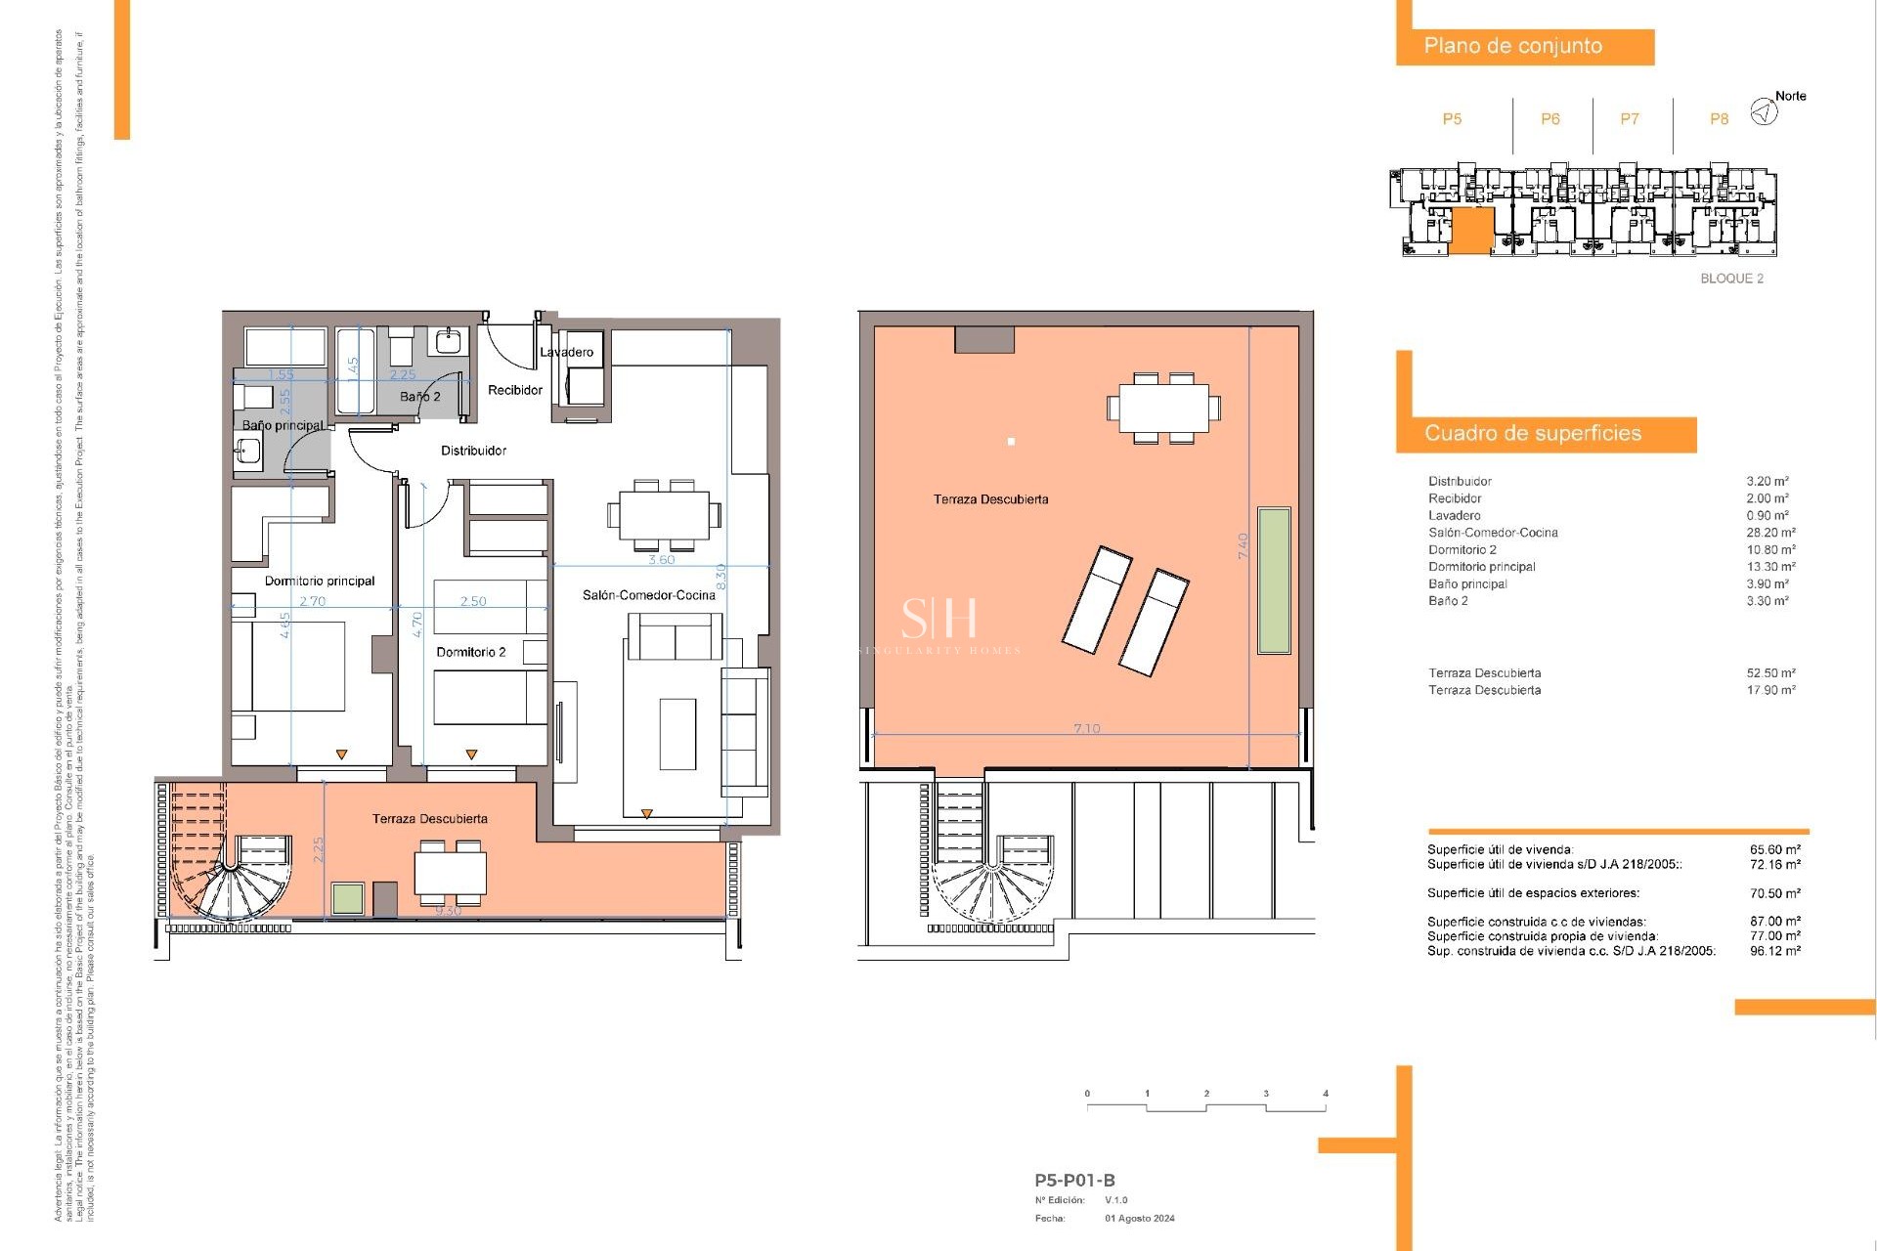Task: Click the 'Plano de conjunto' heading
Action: coord(1512,46)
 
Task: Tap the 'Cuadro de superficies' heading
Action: coord(1532,434)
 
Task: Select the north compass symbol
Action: coord(1764,112)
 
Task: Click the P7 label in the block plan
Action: coord(1630,119)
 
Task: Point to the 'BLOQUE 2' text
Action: coord(1731,279)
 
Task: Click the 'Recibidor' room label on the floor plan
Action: coord(515,390)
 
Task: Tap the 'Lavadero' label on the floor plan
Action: coord(567,352)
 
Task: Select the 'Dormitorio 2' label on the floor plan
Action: coord(471,652)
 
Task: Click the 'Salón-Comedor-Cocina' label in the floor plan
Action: coord(649,595)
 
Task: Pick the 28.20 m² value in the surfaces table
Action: coord(1770,533)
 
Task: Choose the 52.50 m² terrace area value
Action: coord(1770,673)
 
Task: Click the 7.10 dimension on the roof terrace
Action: coord(1086,729)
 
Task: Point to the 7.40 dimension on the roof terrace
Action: coord(1244,545)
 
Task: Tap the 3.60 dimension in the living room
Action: coord(662,560)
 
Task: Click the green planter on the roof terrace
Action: coord(1274,580)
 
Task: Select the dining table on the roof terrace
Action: coord(1163,408)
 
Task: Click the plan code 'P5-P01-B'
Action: coord(1074,1181)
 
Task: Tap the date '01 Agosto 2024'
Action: coord(1140,1219)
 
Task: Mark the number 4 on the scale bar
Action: coord(1326,1094)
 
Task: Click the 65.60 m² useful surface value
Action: coord(1774,850)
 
